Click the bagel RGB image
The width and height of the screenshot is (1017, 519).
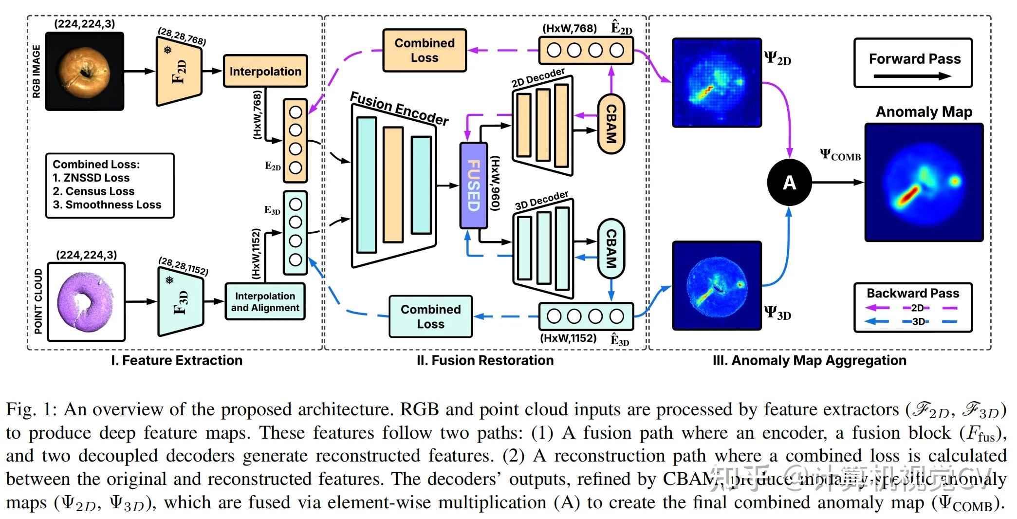(85, 71)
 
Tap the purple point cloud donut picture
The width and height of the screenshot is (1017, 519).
(86, 302)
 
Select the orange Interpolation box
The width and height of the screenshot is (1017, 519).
(265, 71)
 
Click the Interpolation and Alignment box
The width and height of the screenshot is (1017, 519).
(265, 302)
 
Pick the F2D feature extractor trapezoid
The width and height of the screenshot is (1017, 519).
(179, 72)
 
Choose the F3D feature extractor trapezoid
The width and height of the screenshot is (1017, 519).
(180, 302)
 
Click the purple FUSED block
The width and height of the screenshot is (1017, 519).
(473, 185)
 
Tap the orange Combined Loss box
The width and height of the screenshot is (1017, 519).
(425, 50)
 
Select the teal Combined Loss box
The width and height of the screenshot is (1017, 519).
(430, 316)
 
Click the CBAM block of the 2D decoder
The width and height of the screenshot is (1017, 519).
(611, 124)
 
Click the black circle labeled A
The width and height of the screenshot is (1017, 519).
(789, 182)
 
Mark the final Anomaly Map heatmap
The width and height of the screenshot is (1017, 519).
(924, 183)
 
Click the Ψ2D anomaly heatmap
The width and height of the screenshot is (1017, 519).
(717, 82)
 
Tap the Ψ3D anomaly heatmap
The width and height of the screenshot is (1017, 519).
(717, 286)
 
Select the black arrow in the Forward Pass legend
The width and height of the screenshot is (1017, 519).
(912, 76)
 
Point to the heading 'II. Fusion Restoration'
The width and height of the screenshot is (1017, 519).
(485, 360)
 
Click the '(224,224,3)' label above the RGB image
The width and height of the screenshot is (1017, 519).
(85, 24)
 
